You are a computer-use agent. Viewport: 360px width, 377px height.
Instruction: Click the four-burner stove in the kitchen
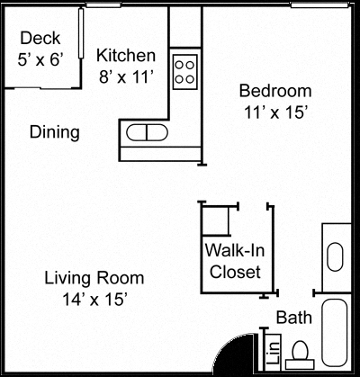[184, 70]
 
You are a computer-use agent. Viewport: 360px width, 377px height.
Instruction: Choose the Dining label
[55, 132]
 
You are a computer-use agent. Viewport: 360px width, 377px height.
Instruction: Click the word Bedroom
[274, 91]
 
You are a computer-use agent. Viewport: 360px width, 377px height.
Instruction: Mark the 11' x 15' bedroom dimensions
[274, 113]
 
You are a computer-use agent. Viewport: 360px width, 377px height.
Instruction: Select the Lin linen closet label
[271, 350]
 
